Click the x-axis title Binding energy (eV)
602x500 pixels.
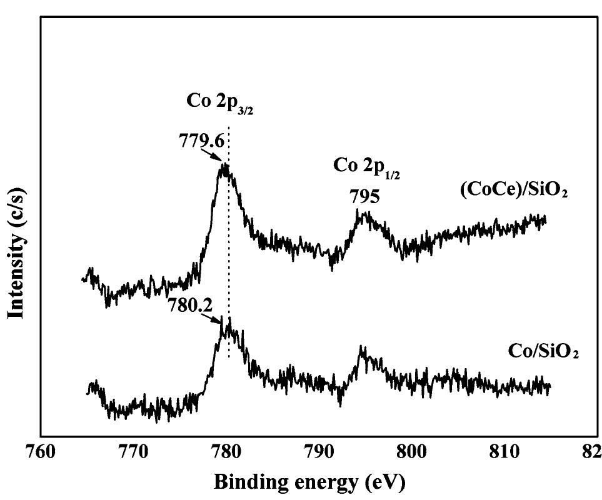point(309,482)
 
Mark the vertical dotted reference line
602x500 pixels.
point(229,250)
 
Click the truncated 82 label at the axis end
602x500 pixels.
point(591,451)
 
